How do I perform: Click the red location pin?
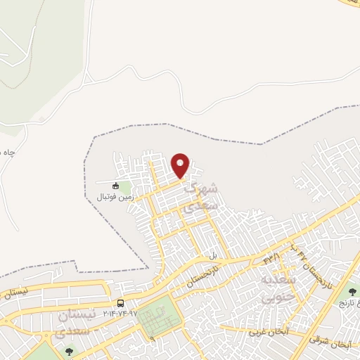(181, 165)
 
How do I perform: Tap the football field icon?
(116, 186)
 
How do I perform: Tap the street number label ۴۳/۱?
(271, 257)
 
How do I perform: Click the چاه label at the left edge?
(7, 154)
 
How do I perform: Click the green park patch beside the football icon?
(125, 188)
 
